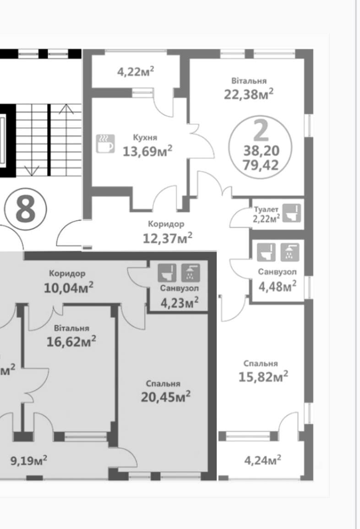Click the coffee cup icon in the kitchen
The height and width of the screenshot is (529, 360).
(105, 143)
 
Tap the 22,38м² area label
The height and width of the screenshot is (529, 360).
(249, 94)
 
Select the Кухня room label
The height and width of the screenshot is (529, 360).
(145, 138)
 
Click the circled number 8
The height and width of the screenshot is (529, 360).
(26, 209)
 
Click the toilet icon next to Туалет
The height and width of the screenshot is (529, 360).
(291, 213)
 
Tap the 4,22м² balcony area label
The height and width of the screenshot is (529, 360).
(136, 71)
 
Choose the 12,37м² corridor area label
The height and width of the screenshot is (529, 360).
(168, 238)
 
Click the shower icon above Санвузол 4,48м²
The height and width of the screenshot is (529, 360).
(289, 252)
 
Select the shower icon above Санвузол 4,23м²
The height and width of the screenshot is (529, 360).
(190, 273)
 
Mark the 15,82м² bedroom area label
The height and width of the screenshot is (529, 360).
(263, 376)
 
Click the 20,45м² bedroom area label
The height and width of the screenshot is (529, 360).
(166, 397)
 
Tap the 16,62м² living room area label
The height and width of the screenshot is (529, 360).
(71, 341)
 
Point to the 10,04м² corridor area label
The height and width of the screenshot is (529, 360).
(69, 288)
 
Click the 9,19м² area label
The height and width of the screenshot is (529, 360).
(29, 460)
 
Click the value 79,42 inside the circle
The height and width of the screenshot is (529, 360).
(261, 165)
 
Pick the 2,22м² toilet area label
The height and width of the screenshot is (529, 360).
(267, 218)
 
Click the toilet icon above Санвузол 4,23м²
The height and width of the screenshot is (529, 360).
(167, 273)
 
